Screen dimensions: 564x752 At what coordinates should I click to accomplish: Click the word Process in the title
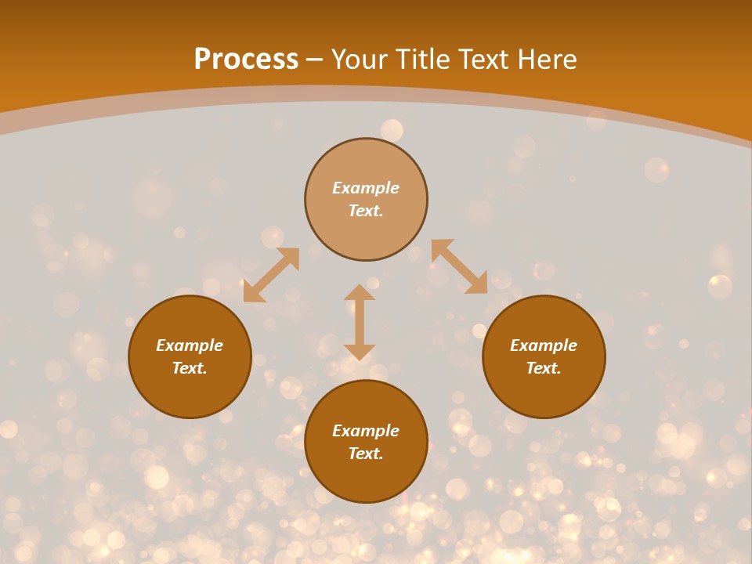point(246,60)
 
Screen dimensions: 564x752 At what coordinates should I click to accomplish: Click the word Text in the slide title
point(486,60)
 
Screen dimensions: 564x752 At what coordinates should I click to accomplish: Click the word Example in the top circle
point(366,188)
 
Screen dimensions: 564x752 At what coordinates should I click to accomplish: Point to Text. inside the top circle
point(366,211)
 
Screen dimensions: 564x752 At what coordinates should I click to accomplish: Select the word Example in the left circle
point(190,345)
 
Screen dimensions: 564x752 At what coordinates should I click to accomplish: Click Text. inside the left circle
point(190,368)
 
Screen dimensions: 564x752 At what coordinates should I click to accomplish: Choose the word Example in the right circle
point(544,345)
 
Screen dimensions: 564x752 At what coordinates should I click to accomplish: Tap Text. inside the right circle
point(544,368)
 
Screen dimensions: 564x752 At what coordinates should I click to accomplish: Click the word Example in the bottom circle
point(366,431)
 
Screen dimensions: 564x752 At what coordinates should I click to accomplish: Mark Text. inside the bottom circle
point(366,454)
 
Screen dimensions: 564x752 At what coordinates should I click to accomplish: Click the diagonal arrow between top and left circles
point(271,275)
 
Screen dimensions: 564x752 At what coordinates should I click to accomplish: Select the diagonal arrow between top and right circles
point(459,267)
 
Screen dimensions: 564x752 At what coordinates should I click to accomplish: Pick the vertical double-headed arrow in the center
point(360,322)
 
